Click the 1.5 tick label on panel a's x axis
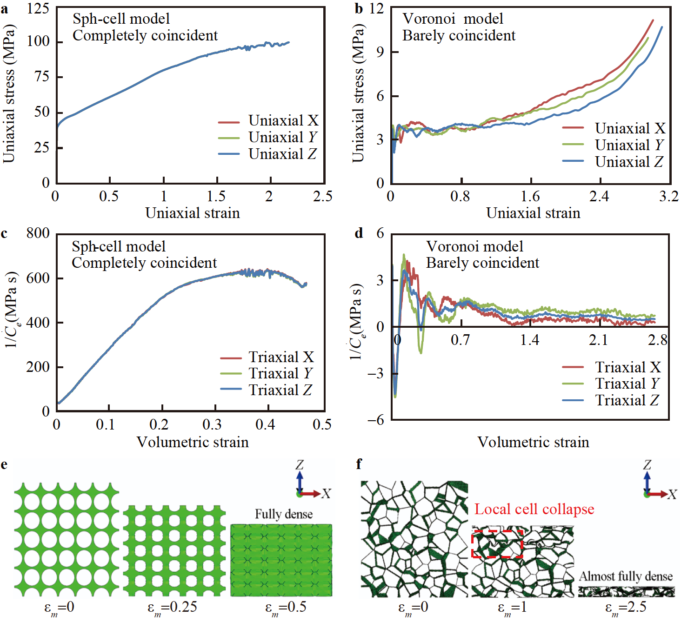[216, 196]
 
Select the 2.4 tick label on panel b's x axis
[599, 196]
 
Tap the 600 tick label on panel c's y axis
[38, 278]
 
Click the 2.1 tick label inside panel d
[598, 340]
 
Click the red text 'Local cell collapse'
[534, 509]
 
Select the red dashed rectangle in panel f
[497, 543]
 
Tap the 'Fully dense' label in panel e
[283, 514]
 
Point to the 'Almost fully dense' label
[626, 576]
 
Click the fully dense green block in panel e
[281, 560]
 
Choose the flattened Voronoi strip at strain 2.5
[626, 592]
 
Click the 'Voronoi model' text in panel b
[452, 19]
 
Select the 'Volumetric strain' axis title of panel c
[192, 442]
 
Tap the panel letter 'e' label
[5, 464]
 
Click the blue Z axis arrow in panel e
[300, 481]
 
